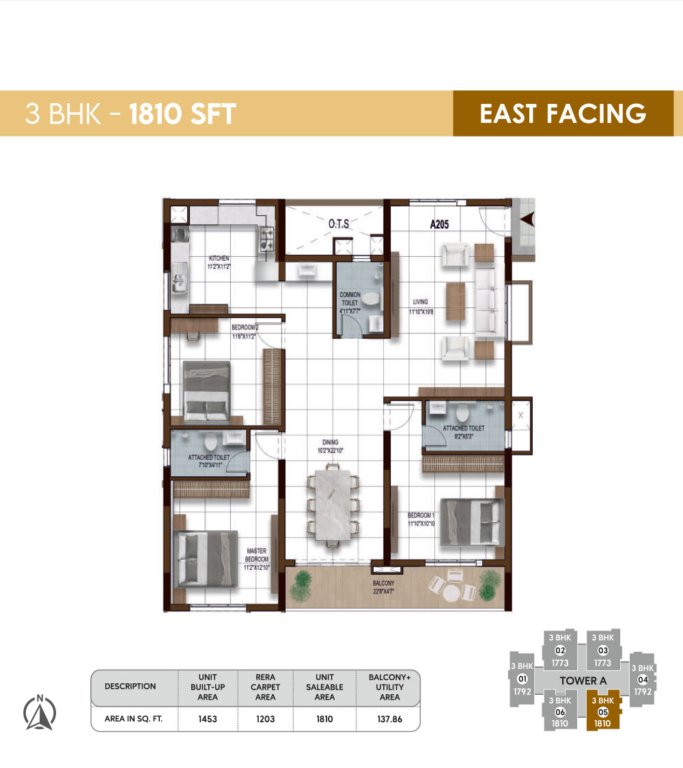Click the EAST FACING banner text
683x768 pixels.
click(x=563, y=113)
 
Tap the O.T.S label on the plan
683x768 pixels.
click(x=339, y=223)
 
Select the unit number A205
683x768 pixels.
click(x=439, y=223)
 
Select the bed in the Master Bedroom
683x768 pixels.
click(x=206, y=558)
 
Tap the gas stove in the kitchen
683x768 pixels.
click(x=266, y=239)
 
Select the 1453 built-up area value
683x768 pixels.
click(x=208, y=719)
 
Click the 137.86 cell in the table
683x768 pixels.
click(x=389, y=719)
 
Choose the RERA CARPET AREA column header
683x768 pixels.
click(x=266, y=687)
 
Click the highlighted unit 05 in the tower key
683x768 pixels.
click(x=602, y=711)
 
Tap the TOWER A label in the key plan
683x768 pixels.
click(x=583, y=681)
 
